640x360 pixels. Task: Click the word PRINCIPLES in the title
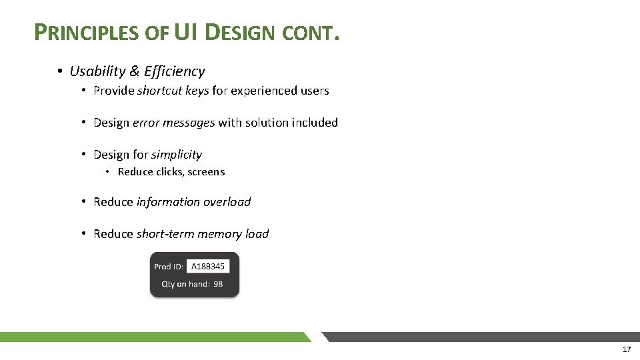click(x=87, y=33)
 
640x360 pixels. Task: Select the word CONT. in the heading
click(x=312, y=33)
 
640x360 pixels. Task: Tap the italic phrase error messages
click(x=174, y=123)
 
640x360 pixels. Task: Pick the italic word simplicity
click(x=177, y=155)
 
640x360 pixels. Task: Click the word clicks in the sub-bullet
click(x=169, y=172)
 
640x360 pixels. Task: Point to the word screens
click(x=207, y=172)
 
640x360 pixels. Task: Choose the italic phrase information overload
click(x=194, y=202)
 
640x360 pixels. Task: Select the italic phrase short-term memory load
click(x=203, y=234)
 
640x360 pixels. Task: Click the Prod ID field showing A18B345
click(x=207, y=267)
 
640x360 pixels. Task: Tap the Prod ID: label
click(x=169, y=267)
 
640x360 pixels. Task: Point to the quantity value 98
click(x=218, y=284)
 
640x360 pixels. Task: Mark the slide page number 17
click(x=626, y=349)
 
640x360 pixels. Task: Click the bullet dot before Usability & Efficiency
click(x=59, y=71)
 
